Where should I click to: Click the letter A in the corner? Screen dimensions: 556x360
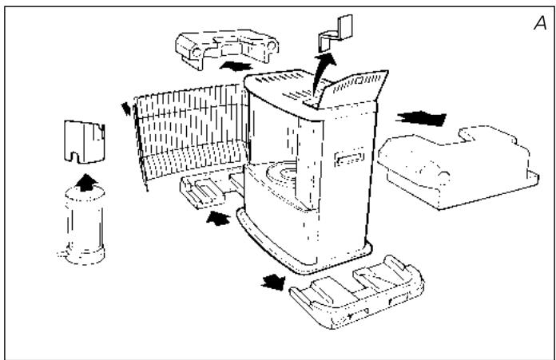[540, 23]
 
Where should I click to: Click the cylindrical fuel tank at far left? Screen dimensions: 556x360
[84, 226]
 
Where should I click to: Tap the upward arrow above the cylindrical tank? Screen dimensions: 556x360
[86, 183]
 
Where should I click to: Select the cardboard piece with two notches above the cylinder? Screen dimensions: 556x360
[85, 142]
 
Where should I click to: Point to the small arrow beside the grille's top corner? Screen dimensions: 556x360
[126, 109]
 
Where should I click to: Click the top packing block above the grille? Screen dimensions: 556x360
[227, 48]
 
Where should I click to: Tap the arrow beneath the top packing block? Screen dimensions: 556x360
[236, 66]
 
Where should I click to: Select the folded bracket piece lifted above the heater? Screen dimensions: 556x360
[336, 33]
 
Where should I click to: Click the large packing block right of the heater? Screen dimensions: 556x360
[458, 167]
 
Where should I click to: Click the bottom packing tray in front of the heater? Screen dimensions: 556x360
[356, 292]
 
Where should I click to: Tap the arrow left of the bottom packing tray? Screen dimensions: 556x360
[273, 283]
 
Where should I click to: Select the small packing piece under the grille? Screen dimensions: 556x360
[212, 189]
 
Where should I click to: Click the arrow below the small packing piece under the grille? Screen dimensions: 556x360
[218, 218]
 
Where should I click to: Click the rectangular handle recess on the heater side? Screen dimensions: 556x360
[349, 157]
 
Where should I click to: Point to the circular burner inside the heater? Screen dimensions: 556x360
[282, 176]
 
